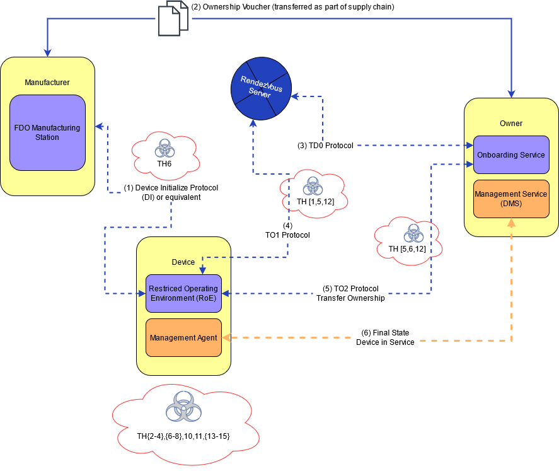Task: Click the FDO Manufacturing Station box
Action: point(47,132)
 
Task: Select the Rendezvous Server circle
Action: point(260,88)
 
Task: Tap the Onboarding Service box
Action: point(510,155)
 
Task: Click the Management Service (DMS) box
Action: point(510,199)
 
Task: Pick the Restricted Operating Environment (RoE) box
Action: point(183,293)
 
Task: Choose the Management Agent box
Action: point(183,338)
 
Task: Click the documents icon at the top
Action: point(173,18)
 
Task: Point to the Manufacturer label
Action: point(47,83)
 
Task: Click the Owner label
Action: point(510,124)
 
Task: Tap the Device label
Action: point(183,262)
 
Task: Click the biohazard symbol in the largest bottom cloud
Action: point(183,407)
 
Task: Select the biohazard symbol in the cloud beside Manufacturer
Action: point(164,149)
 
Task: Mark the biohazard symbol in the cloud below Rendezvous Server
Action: point(313,185)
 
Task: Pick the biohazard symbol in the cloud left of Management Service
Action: point(413,233)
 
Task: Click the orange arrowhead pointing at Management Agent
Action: point(226,338)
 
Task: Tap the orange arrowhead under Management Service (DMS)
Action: point(511,222)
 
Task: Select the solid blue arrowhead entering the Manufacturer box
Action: point(47,54)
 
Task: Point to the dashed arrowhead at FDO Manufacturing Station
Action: point(98,127)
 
